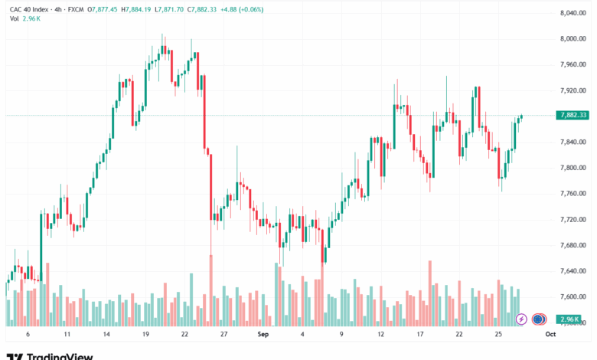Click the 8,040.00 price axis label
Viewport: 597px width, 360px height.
pyautogui.click(x=573, y=13)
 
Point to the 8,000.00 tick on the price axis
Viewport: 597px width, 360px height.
pyautogui.click(x=573, y=39)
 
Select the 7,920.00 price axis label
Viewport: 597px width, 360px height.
pyautogui.click(x=573, y=90)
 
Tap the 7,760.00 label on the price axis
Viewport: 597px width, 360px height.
pyautogui.click(x=573, y=194)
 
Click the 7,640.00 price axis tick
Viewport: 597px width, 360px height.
pyautogui.click(x=573, y=271)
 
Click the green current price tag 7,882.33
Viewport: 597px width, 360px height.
pyautogui.click(x=573, y=115)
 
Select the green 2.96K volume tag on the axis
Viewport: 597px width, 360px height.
pyautogui.click(x=569, y=319)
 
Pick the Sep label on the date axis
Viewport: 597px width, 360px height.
pyautogui.click(x=263, y=334)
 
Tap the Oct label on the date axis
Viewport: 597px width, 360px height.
pyautogui.click(x=550, y=334)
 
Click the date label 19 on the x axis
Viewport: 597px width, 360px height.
pyautogui.click(x=145, y=334)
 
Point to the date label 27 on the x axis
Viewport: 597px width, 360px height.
pyautogui.click(x=223, y=334)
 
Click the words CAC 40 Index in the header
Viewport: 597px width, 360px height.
pyautogui.click(x=29, y=9)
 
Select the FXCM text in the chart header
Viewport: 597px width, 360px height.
pyautogui.click(x=76, y=9)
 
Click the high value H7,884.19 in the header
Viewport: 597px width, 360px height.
pyautogui.click(x=136, y=9)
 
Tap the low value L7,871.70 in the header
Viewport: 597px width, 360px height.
pyautogui.click(x=169, y=9)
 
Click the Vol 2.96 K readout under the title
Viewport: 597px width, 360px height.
pyautogui.click(x=25, y=18)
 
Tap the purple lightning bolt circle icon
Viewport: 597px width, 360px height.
pyautogui.click(x=521, y=319)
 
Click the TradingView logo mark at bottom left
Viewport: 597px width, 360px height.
pyautogui.click(x=15, y=357)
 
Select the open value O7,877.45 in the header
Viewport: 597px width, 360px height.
pyautogui.click(x=103, y=9)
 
